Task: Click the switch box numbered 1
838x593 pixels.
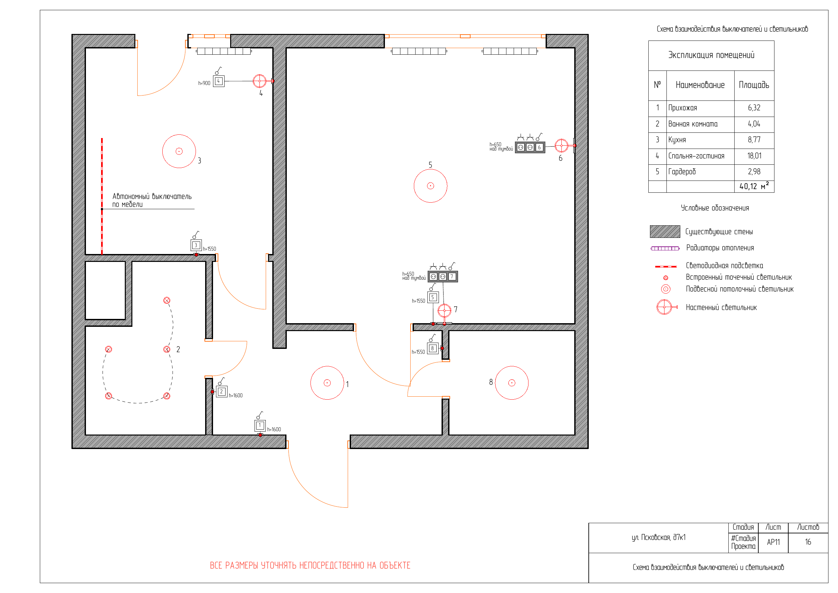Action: (x=260, y=425)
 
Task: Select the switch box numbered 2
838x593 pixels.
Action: (x=222, y=391)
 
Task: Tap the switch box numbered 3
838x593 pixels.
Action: (x=196, y=245)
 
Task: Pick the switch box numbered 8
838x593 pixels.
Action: (x=433, y=348)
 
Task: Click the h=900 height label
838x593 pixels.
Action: (x=204, y=83)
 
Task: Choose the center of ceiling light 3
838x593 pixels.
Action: (x=179, y=151)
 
